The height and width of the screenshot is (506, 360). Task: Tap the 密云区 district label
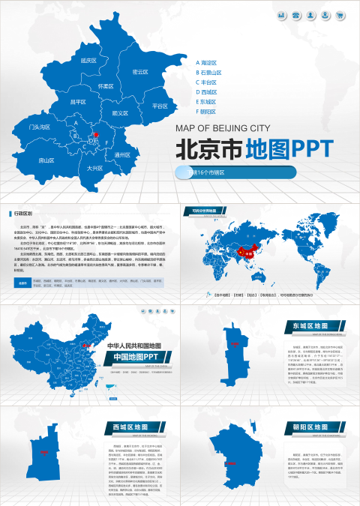(x=140, y=72)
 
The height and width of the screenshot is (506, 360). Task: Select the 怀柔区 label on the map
(x=106, y=86)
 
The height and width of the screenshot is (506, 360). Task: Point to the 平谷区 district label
(x=160, y=106)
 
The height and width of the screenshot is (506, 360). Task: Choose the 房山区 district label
(x=46, y=160)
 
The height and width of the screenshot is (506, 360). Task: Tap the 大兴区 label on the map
(x=94, y=168)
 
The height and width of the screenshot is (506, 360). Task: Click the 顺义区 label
(x=119, y=113)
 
